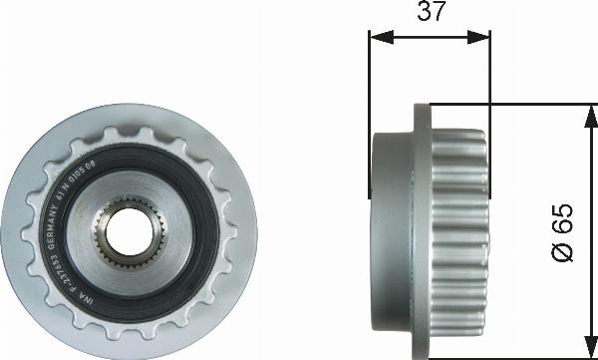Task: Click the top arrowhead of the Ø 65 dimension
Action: point(581,107)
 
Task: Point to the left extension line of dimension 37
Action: point(370,80)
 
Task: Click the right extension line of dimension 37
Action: point(490,70)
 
